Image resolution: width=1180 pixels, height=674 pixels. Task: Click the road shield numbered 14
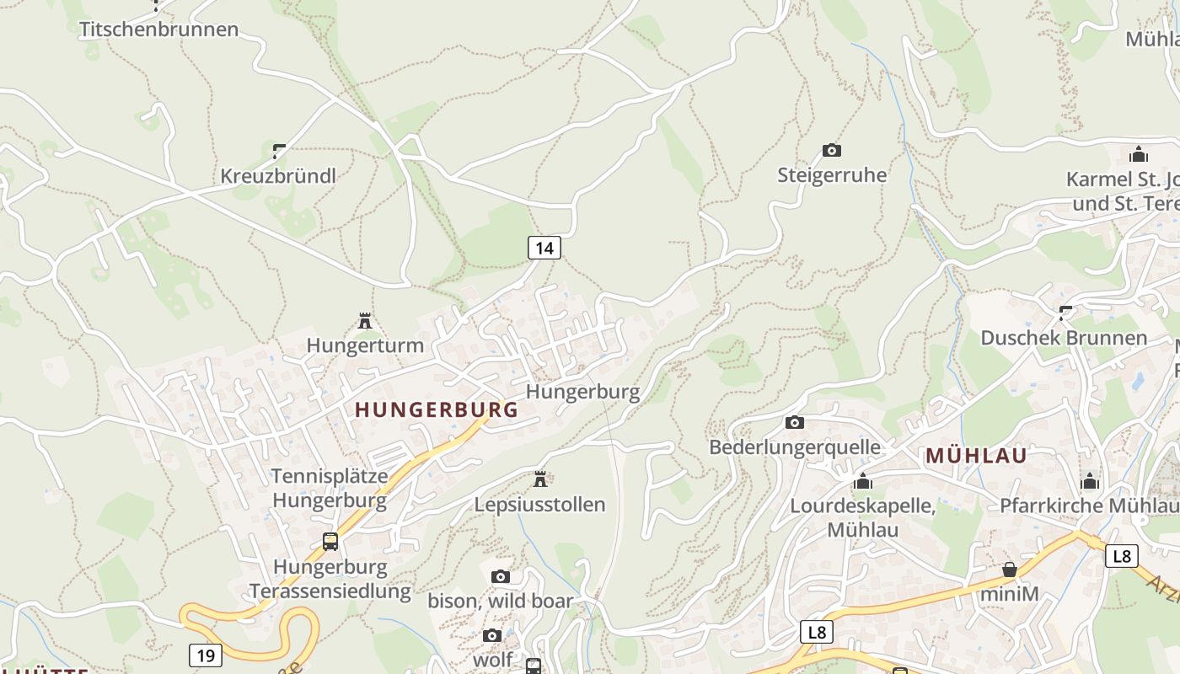pos(544,248)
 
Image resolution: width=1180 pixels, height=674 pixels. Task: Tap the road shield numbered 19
pos(206,655)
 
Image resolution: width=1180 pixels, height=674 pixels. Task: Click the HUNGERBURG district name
pos(436,410)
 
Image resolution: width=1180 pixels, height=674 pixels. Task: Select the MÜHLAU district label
pos(976,456)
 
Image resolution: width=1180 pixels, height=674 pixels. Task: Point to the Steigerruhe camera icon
pos(832,151)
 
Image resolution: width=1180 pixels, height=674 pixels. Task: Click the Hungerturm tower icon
pos(365,321)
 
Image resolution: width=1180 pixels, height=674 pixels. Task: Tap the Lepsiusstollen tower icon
pos(540,479)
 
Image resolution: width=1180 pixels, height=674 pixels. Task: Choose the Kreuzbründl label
pos(278,176)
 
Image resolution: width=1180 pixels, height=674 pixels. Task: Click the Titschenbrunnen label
pos(158,29)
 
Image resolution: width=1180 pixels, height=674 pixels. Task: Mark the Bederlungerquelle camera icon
pos(794,423)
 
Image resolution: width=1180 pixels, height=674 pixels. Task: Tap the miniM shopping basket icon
pos(1010,570)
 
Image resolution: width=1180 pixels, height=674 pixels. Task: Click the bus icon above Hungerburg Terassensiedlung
pos(330,542)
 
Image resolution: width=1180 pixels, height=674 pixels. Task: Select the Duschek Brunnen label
pos(1064,338)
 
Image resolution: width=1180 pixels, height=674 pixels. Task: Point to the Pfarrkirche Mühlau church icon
pos(1090,481)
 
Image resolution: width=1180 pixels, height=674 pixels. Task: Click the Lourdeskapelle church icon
pos(862,481)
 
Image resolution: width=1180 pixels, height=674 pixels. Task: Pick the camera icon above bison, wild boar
pos(501,577)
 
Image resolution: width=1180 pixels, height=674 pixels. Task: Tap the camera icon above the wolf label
pos(492,636)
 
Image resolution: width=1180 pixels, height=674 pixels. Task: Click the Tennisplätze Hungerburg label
pos(330,488)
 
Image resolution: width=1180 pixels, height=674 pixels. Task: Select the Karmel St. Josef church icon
pos(1139,154)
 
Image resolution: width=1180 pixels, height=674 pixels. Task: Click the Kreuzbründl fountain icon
pos(279,152)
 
